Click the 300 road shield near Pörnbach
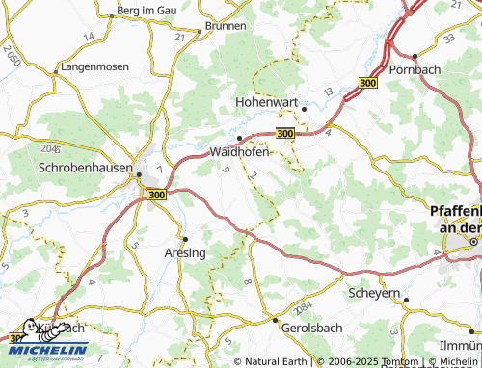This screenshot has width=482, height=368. point(367,85)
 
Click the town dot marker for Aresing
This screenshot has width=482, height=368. point(185,238)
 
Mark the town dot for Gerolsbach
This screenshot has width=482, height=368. point(275,319)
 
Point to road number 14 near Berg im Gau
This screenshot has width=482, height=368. point(89,36)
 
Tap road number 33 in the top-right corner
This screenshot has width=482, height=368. point(449,38)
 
